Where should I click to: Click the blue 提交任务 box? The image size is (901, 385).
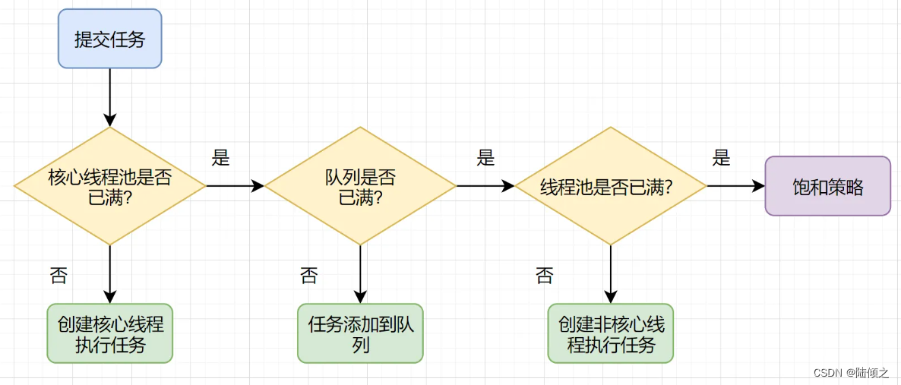pos(110,39)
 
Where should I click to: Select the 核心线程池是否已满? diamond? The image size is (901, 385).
pos(110,186)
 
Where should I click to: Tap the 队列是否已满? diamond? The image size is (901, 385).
pos(360,186)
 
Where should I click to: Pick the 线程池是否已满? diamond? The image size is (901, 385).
pos(611,186)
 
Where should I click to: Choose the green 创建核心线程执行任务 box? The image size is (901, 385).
pos(110,333)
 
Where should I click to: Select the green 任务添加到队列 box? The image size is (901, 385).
pos(360,333)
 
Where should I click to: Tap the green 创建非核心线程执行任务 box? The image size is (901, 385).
pos(611,333)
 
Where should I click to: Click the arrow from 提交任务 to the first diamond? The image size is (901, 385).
pos(110,97)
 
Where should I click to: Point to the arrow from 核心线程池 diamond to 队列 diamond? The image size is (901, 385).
pos(235,185)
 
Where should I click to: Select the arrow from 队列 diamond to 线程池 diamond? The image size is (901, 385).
pos(485,185)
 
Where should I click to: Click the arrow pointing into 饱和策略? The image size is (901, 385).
pos(735,185)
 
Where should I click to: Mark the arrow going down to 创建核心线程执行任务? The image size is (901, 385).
pos(110,274)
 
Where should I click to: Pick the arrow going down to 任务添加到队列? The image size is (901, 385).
pos(360,274)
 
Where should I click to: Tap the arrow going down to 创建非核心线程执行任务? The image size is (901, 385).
pos(611,274)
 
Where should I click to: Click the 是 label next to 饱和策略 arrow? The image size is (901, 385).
pos(721,158)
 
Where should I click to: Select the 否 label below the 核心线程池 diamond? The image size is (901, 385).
pos(58,275)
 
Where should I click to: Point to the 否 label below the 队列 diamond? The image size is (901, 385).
pos(308,275)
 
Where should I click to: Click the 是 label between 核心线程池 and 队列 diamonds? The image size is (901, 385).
pos(220,158)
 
